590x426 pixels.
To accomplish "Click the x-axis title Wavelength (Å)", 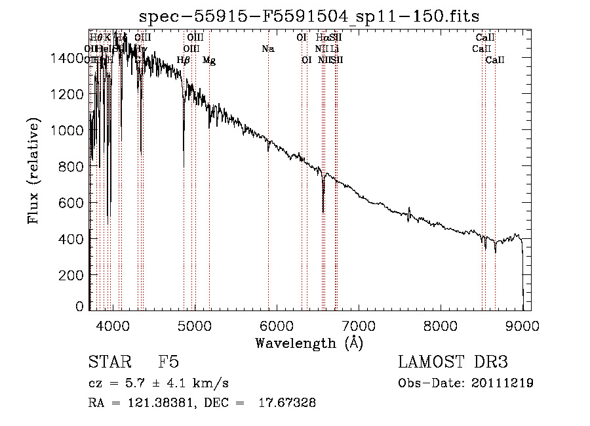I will pyautogui.click(x=309, y=343).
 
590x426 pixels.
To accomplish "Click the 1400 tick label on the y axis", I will pyautogui.click(x=68, y=58).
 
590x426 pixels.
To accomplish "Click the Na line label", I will pyautogui.click(x=267, y=49).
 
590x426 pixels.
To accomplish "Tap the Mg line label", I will pyautogui.click(x=209, y=60).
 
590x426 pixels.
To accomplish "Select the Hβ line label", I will pyautogui.click(x=184, y=60).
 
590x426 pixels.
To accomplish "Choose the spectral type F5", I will pyautogui.click(x=169, y=362).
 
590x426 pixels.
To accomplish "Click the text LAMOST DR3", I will pyautogui.click(x=453, y=362).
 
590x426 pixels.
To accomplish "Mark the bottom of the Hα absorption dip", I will pyautogui.click(x=323, y=211).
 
